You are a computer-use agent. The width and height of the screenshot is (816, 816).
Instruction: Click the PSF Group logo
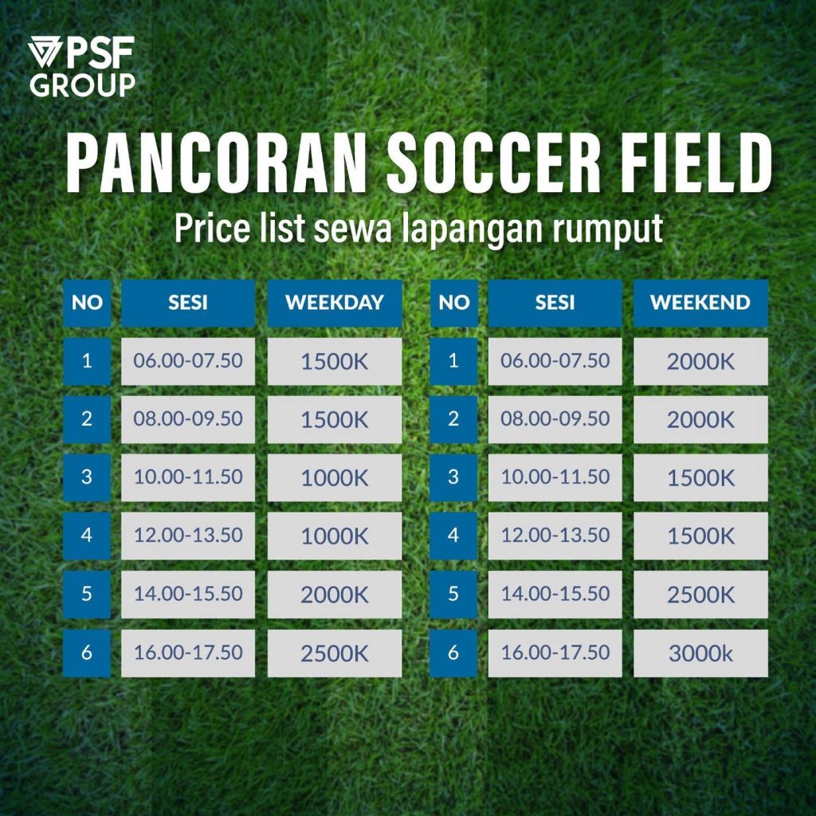(x=82, y=67)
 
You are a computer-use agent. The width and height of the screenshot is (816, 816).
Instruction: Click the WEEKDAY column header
(x=335, y=303)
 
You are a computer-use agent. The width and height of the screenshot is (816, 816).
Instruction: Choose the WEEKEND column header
(x=700, y=303)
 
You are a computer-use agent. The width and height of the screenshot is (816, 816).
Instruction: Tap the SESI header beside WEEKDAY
(x=188, y=303)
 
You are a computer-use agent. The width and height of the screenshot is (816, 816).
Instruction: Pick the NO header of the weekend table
(x=453, y=303)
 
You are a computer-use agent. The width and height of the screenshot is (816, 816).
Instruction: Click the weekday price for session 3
(x=335, y=478)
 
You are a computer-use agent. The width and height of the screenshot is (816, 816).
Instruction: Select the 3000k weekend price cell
(x=700, y=653)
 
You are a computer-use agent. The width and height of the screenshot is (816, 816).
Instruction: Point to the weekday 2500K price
(x=335, y=653)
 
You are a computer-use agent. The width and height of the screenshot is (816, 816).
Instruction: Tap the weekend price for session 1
(x=700, y=361)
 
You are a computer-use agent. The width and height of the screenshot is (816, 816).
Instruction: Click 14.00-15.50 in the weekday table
(x=188, y=594)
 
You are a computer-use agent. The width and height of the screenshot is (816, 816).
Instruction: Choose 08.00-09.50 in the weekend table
(x=555, y=419)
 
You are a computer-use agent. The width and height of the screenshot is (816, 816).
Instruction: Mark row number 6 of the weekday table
(x=87, y=653)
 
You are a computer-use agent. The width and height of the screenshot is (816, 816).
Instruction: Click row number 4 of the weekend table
(x=453, y=536)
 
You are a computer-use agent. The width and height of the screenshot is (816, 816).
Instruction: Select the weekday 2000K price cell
(x=335, y=594)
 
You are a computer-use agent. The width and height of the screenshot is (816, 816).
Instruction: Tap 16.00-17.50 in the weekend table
(x=555, y=653)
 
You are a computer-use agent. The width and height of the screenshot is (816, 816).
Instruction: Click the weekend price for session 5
(x=700, y=594)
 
